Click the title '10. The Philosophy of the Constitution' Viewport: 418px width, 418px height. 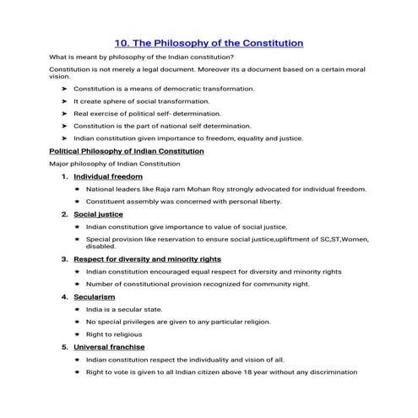point(209,41)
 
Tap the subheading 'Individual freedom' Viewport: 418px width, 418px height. point(108,176)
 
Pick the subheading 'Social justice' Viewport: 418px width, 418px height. point(99,214)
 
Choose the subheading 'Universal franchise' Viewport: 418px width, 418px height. point(109,347)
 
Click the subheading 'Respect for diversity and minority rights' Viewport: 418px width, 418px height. point(148,259)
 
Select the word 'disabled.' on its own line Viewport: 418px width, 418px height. point(101,247)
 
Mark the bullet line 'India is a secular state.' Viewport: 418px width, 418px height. point(123,310)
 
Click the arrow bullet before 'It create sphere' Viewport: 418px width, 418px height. point(65,100)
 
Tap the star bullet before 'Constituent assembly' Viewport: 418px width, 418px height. point(77,202)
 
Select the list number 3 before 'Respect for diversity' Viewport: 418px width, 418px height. point(64,259)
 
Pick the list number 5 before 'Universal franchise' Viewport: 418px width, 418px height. point(64,347)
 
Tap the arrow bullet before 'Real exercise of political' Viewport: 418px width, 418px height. point(65,113)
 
